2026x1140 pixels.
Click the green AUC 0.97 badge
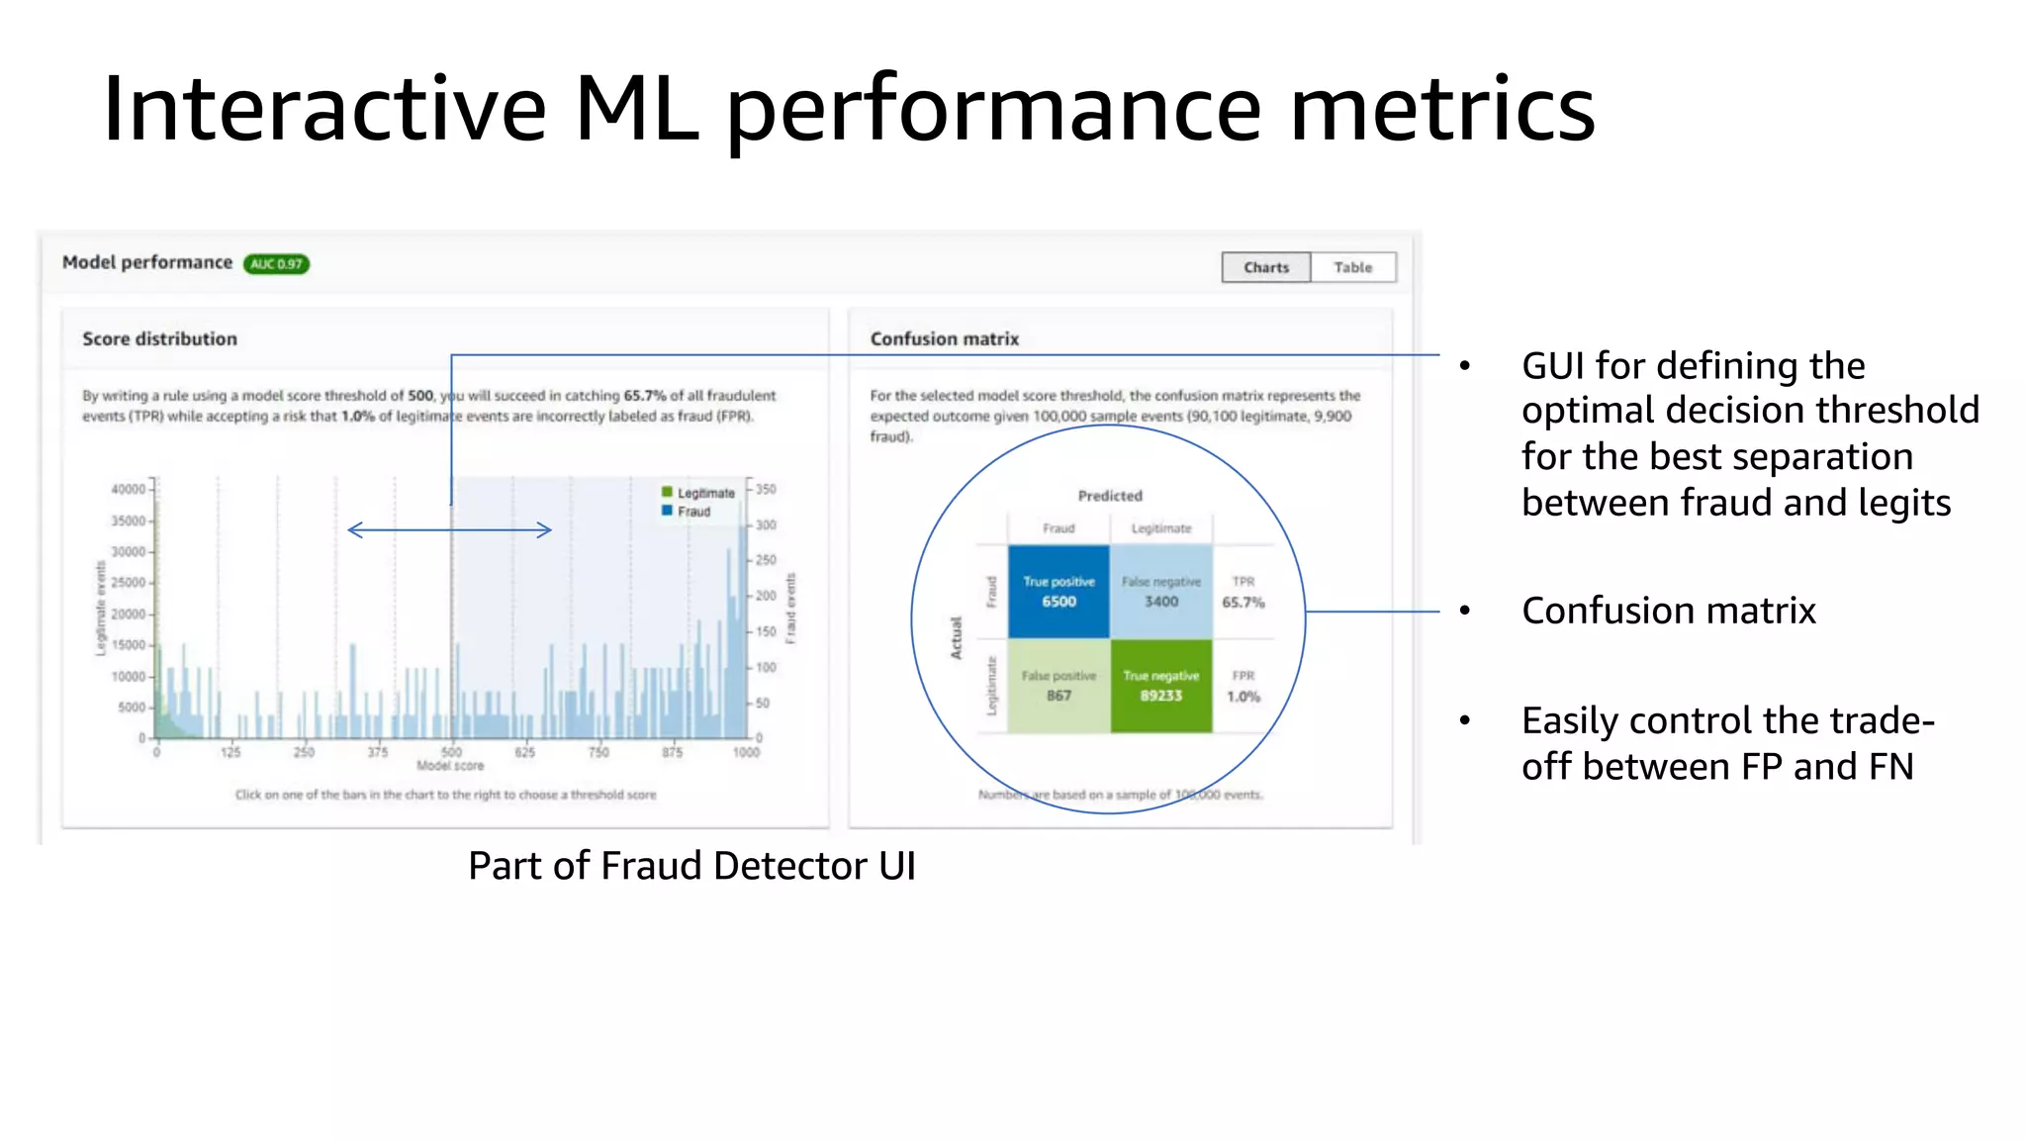[x=276, y=264]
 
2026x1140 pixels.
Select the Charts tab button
[x=1265, y=267]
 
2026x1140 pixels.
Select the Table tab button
[x=1352, y=267]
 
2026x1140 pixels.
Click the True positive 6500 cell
[x=1059, y=592]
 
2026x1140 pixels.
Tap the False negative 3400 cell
[x=1161, y=592]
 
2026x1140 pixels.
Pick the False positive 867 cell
[x=1059, y=686]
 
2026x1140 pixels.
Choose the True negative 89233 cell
[x=1161, y=686]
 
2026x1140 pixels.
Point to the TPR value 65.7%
[x=1243, y=602]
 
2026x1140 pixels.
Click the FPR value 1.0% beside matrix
[x=1243, y=696]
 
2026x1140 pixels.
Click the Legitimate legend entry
[x=698, y=493]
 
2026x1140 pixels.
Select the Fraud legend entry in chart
[x=688, y=512]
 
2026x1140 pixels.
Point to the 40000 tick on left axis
[x=129, y=489]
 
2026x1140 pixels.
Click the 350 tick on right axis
[x=766, y=489]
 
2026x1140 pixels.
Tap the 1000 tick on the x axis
[x=746, y=752]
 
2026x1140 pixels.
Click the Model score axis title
[x=450, y=766]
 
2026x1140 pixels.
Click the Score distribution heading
[x=159, y=338]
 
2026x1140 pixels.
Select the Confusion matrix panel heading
[x=944, y=338]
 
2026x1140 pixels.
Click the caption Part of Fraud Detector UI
[x=691, y=866]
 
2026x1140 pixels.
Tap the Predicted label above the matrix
[x=1109, y=496]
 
